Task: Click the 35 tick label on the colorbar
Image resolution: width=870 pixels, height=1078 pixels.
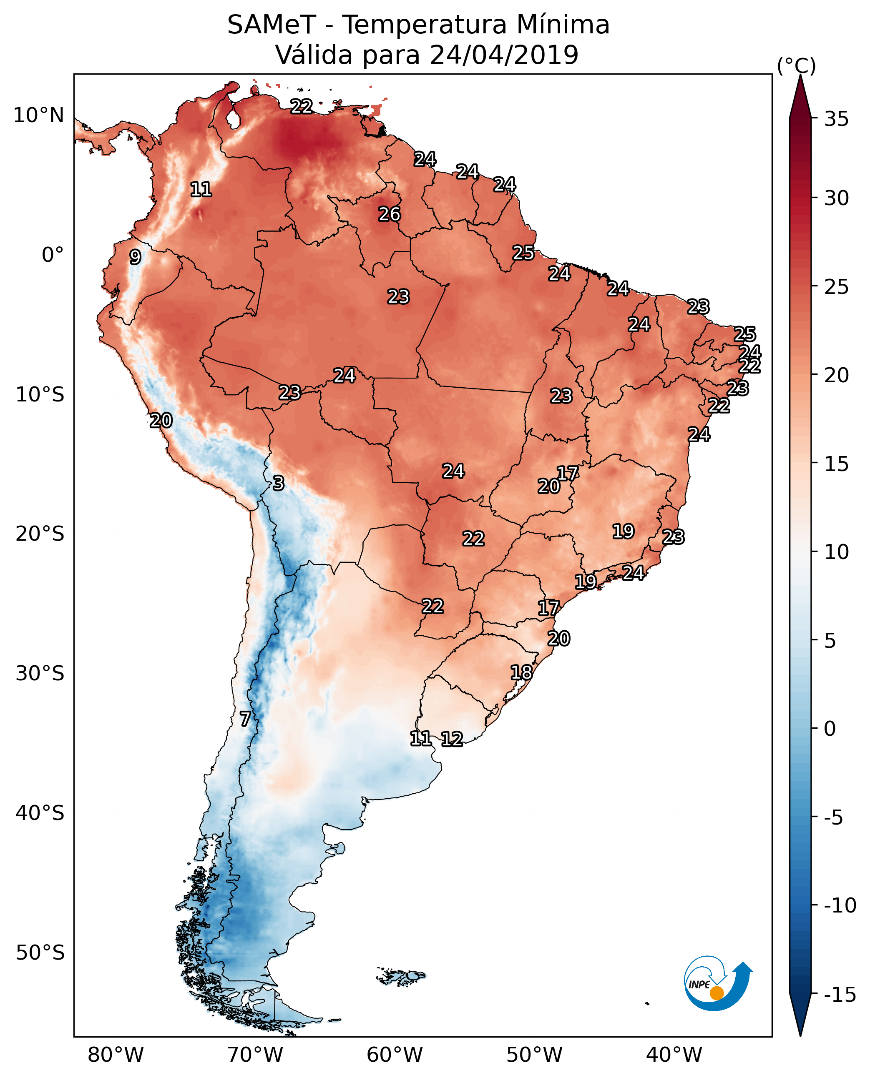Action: pyautogui.click(x=836, y=119)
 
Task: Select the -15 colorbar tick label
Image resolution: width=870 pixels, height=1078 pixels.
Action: pyautogui.click(x=840, y=995)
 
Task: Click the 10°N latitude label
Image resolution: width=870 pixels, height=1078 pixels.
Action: pyautogui.click(x=39, y=116)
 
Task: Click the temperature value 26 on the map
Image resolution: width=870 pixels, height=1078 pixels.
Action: pyautogui.click(x=390, y=214)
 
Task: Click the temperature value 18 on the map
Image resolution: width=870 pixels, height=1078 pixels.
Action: pyautogui.click(x=521, y=672)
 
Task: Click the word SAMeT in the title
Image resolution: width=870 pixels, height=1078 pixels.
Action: pyautogui.click(x=271, y=25)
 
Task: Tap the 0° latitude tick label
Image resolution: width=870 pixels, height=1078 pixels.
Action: pyautogui.click(x=52, y=255)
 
